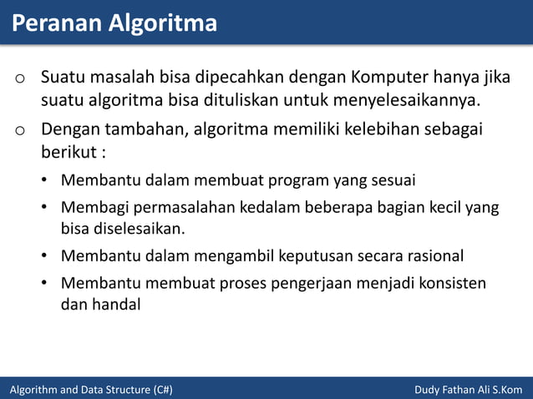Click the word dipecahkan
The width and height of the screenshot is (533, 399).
click(x=241, y=79)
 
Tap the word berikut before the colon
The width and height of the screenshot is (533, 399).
click(x=67, y=154)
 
